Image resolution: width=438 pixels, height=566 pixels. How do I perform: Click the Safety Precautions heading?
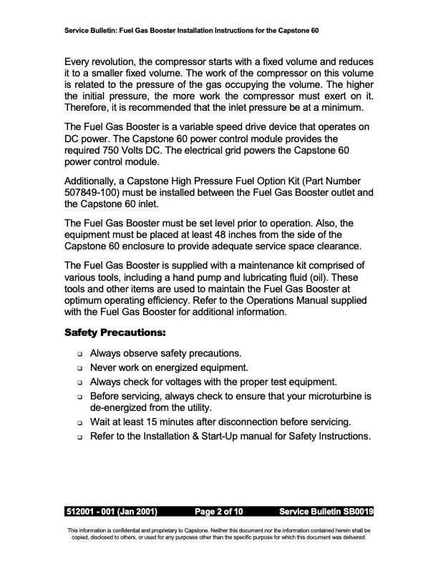pyautogui.click(x=115, y=333)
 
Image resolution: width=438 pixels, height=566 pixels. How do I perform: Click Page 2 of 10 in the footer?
pyautogui.click(x=219, y=512)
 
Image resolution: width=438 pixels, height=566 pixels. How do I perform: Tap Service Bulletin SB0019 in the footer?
pyautogui.click(x=327, y=512)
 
